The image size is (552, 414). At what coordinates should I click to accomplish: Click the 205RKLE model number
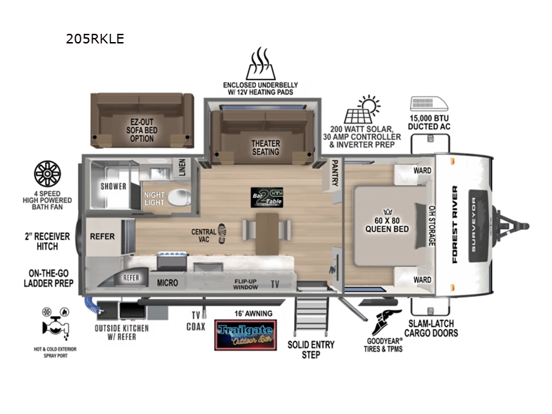[92, 39]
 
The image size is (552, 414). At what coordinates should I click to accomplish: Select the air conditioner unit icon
[428, 103]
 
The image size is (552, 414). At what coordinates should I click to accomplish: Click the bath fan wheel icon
[48, 175]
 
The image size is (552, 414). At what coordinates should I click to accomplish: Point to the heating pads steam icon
[259, 65]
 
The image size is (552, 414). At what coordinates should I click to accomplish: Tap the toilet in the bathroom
[177, 197]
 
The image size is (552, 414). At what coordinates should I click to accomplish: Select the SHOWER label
[114, 186]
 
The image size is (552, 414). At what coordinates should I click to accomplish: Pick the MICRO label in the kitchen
[167, 283]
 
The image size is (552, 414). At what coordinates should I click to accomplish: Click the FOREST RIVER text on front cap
[455, 225]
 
